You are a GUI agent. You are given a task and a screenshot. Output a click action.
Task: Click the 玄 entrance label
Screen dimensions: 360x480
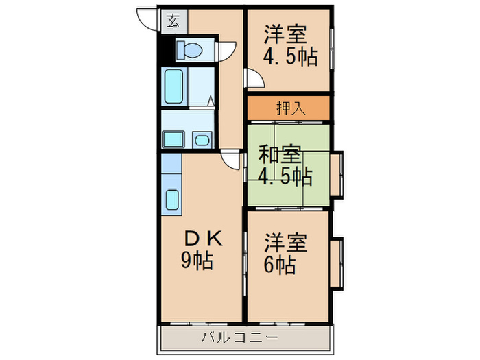coord(171,19)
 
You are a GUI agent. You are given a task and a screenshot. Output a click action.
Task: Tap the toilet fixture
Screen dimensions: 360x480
coord(188,50)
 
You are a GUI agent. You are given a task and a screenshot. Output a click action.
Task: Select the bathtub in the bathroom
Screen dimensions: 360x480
coord(174,86)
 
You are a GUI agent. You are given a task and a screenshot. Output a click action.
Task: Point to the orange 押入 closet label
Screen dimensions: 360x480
coord(289,108)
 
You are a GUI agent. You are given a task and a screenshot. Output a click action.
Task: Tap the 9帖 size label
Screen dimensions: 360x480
coord(197,261)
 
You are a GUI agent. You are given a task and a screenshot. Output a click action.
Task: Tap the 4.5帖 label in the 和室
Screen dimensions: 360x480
coord(285,176)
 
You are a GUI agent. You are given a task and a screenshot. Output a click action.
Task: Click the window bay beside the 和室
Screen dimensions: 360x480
coord(337,176)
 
